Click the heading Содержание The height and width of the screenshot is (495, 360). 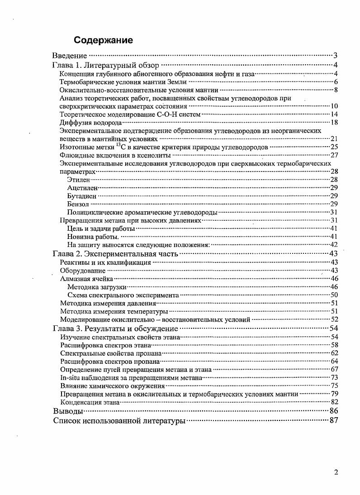pyautogui.click(x=104, y=40)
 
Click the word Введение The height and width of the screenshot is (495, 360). pyautogui.click(x=70, y=56)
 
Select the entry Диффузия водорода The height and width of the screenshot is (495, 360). pyautogui.click(x=90, y=123)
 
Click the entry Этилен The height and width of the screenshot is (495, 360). pyautogui.click(x=78, y=180)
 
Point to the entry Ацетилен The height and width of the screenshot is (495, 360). pyautogui.click(x=82, y=188)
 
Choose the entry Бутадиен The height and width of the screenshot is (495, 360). pyautogui.click(x=81, y=196)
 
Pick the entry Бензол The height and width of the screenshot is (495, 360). pyautogui.click(x=77, y=204)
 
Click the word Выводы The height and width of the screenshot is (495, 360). pyautogui.click(x=68, y=411)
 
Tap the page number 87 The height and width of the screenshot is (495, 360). pyautogui.click(x=335, y=421)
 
